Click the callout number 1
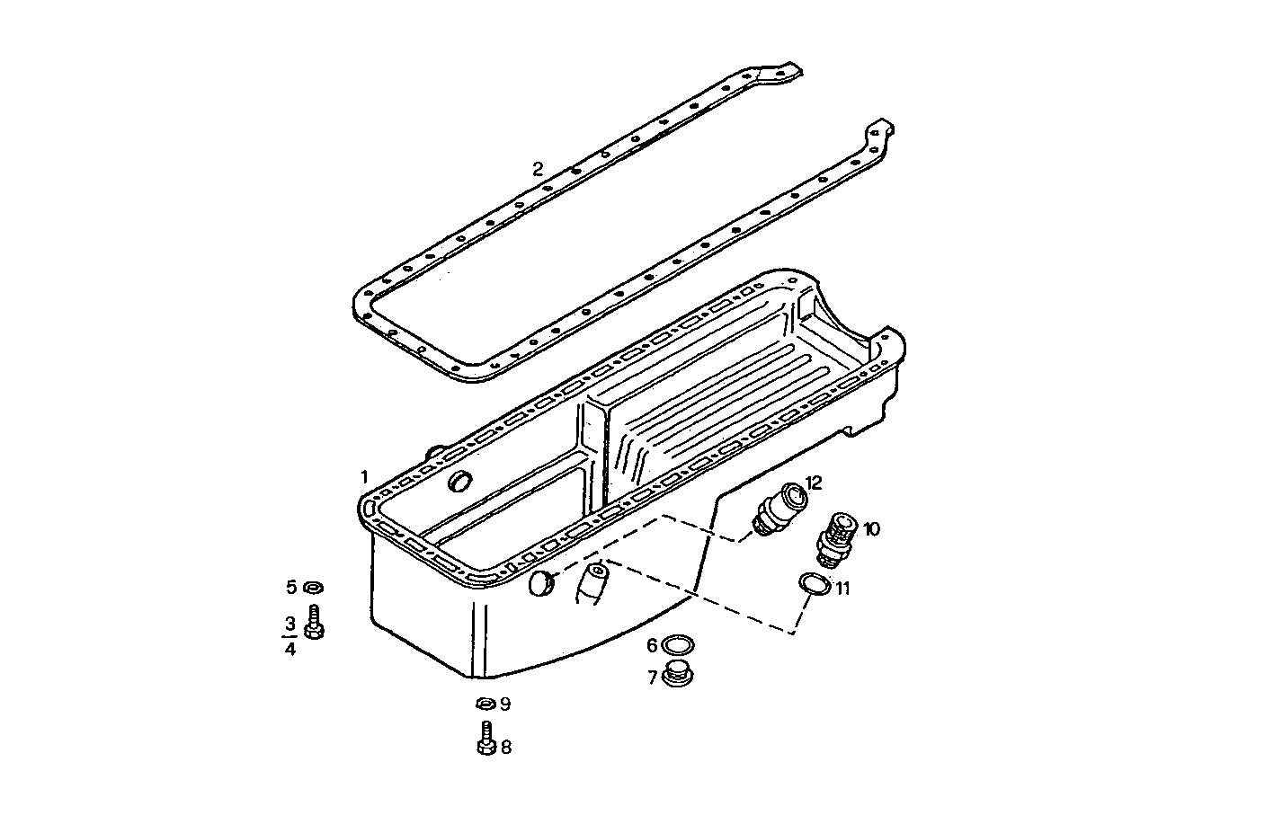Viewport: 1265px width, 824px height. pyautogui.click(x=364, y=475)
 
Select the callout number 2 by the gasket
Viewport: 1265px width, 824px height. pyautogui.click(x=538, y=168)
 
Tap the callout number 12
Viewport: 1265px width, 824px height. pyautogui.click(x=814, y=483)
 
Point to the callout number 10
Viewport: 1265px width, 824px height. pyautogui.click(x=871, y=528)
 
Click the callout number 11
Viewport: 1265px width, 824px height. pyautogui.click(x=843, y=589)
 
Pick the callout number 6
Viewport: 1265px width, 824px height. pyautogui.click(x=652, y=645)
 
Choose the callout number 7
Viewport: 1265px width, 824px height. pyautogui.click(x=652, y=677)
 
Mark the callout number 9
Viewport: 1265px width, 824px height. pyautogui.click(x=505, y=704)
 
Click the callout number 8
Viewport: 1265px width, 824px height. pyautogui.click(x=506, y=747)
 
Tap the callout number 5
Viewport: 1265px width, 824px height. pyautogui.click(x=291, y=588)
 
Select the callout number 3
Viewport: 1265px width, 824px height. pyautogui.click(x=290, y=623)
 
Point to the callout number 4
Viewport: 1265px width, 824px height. pyautogui.click(x=290, y=648)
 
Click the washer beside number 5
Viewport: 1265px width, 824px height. pyautogui.click(x=314, y=588)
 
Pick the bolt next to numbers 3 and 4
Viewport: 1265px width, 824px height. pyautogui.click(x=314, y=625)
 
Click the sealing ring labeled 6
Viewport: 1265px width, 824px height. pyautogui.click(x=677, y=645)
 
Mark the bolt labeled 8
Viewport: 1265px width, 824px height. pyautogui.click(x=486, y=740)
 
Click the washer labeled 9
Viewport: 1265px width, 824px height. pyautogui.click(x=484, y=703)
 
